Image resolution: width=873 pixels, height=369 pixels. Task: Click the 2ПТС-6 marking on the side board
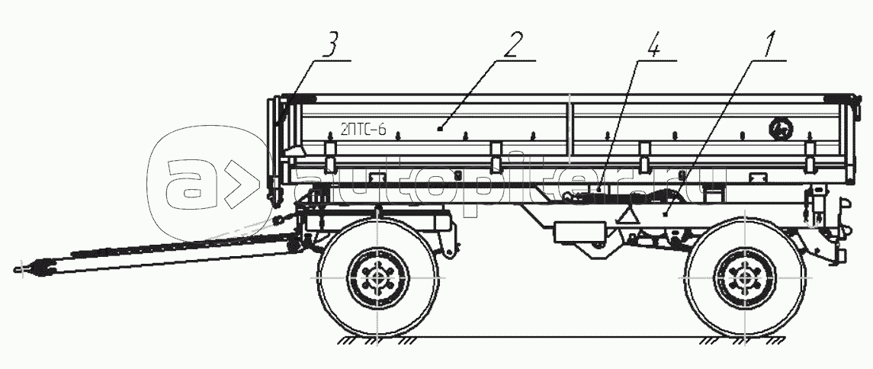point(364,130)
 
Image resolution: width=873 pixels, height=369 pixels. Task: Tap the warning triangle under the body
point(630,215)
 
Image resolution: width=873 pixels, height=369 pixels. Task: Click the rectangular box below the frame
point(579,232)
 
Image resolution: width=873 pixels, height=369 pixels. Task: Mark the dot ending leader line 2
point(440,130)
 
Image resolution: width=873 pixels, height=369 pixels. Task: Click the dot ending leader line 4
point(599,188)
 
